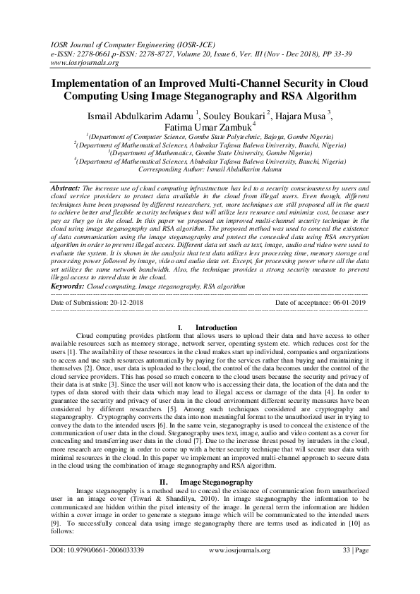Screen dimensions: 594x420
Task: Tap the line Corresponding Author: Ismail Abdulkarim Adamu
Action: pos(210,171)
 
